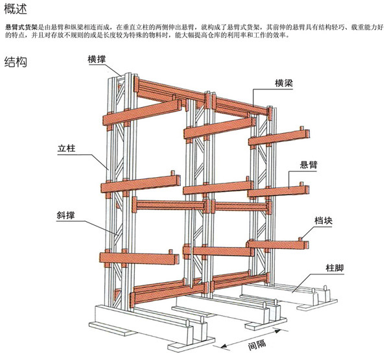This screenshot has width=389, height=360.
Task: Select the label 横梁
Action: coord(286,82)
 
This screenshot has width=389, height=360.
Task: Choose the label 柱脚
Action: coord(336,268)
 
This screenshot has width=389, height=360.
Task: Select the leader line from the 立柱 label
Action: coord(91,160)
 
